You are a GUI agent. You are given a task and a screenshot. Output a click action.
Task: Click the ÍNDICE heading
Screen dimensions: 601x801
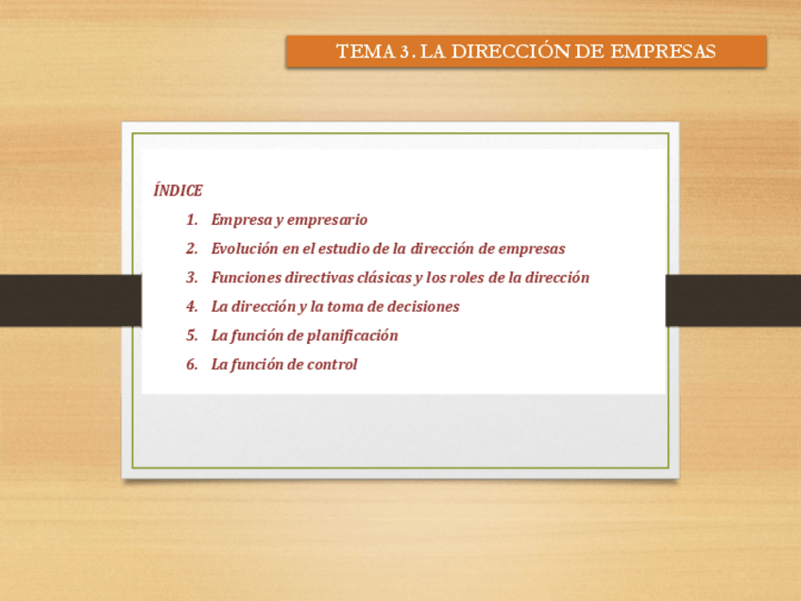tap(178, 191)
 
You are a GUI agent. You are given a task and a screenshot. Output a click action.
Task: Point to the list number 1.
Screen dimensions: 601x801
tap(192, 220)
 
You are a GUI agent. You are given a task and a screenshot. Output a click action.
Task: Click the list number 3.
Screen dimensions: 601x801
tap(192, 278)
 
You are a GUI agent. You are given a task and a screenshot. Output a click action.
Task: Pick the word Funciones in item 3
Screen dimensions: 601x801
tap(247, 278)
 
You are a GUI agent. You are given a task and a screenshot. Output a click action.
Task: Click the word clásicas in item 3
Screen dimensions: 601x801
tap(383, 278)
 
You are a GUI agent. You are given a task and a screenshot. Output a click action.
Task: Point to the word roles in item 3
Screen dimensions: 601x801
tap(465, 278)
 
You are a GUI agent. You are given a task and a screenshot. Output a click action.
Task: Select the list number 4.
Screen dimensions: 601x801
tap(192, 307)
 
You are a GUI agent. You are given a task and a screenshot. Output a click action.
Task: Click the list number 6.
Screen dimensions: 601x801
tap(192, 365)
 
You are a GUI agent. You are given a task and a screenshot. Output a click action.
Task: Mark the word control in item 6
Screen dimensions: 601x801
tap(332, 365)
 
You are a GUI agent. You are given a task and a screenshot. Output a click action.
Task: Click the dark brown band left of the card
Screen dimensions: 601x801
tap(66, 300)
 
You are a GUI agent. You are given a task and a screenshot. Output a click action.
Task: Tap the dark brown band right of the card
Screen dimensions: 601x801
tap(734, 300)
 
